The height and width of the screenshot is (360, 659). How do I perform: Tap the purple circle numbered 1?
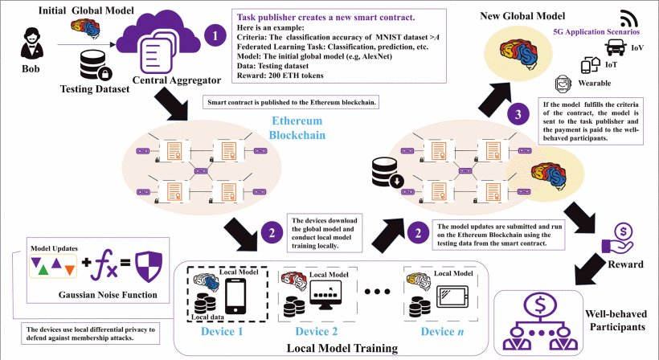tap(214, 35)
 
